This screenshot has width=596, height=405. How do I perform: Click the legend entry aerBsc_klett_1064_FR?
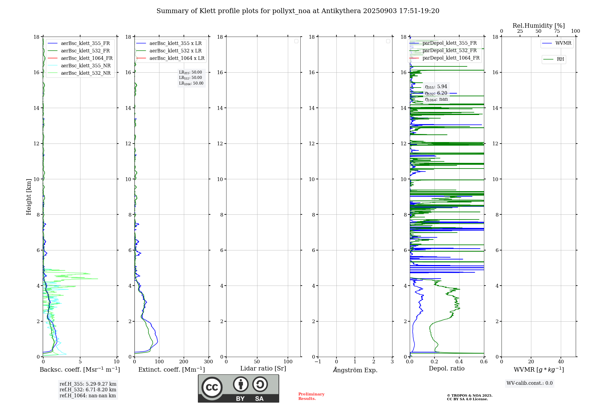pyautogui.click(x=87, y=58)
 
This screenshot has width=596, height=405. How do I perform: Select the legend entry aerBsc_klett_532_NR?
pyautogui.click(x=86, y=73)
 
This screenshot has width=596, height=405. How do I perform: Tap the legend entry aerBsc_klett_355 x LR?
pyautogui.click(x=175, y=43)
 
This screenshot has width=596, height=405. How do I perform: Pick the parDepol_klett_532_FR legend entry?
pyautogui.click(x=449, y=51)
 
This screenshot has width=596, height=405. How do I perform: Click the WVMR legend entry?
pyautogui.click(x=563, y=43)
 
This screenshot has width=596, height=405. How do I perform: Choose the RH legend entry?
pyautogui.click(x=560, y=59)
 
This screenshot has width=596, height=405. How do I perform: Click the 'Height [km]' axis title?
pyautogui.click(x=29, y=197)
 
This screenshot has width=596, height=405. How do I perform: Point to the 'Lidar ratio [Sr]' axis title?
pyautogui.click(x=263, y=368)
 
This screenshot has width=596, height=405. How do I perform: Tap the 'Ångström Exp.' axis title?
pyautogui.click(x=355, y=370)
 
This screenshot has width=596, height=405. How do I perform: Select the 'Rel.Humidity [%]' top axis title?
pyautogui.click(x=538, y=26)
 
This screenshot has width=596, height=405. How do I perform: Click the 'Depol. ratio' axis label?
pyautogui.click(x=446, y=368)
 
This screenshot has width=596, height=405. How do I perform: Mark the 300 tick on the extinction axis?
pyautogui.click(x=209, y=362)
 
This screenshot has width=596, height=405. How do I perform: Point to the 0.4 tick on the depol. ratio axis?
pyautogui.click(x=459, y=362)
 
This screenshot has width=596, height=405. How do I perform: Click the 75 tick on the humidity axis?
pyautogui.click(x=557, y=31)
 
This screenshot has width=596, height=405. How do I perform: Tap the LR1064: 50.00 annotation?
pyautogui.click(x=191, y=83)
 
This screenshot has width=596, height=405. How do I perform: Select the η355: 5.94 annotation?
pyautogui.click(x=436, y=87)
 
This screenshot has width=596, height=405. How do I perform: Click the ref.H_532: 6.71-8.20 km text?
pyautogui.click(x=88, y=390)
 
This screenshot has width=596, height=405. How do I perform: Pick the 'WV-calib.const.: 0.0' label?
pyautogui.click(x=530, y=383)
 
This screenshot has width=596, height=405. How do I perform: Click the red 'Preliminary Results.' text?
pyautogui.click(x=311, y=396)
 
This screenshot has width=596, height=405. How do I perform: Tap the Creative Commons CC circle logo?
pyautogui.click(x=212, y=387)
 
